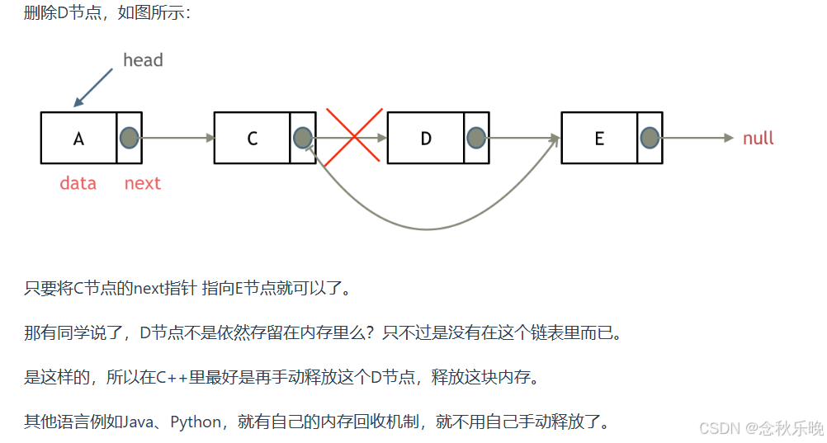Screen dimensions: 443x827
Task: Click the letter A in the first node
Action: [78, 139]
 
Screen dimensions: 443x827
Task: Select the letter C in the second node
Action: [253, 139]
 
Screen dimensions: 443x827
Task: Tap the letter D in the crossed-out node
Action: [426, 139]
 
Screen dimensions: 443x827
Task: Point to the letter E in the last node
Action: [599, 139]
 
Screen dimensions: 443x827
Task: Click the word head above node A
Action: [143, 60]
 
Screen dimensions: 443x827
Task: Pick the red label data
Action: [78, 183]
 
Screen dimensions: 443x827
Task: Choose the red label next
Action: [142, 183]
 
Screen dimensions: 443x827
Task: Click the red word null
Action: [758, 139]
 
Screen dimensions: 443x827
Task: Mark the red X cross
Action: [353, 137]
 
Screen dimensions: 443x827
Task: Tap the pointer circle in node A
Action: [129, 138]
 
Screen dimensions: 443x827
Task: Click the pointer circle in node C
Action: [302, 138]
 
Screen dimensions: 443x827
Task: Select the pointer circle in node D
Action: [475, 138]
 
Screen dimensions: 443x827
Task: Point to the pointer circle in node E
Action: [650, 138]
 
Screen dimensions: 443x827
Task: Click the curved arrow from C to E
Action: [427, 229]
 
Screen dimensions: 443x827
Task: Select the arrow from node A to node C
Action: [177, 139]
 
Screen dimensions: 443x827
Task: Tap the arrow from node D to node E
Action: [524, 139]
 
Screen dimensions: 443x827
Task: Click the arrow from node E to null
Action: [697, 139]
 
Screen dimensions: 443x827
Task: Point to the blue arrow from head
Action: [93, 87]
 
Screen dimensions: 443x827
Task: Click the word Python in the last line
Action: [196, 422]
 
